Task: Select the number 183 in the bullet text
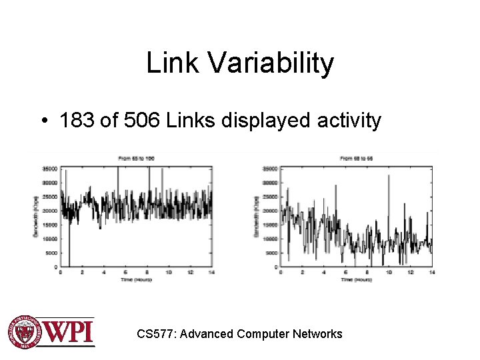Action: [x=76, y=121]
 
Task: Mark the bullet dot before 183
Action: [x=44, y=121]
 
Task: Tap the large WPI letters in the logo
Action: [x=69, y=332]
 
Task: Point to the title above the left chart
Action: [x=136, y=158]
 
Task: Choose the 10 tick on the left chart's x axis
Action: [x=169, y=272]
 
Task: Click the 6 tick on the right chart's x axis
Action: [x=345, y=272]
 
